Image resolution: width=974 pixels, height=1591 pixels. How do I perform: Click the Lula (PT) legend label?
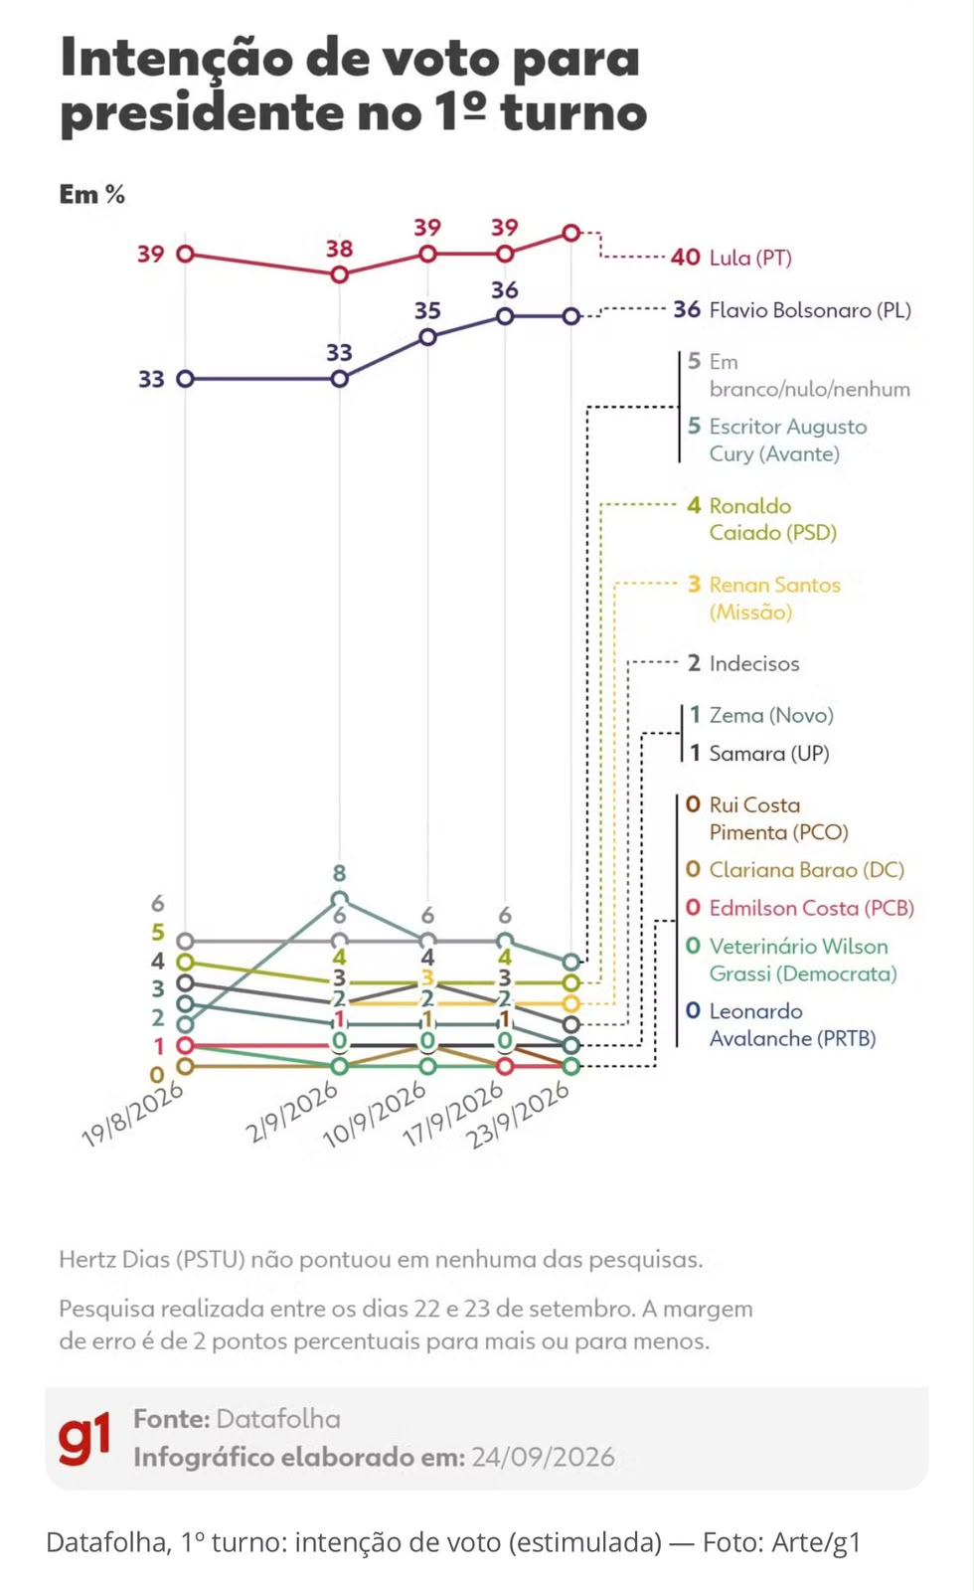(750, 258)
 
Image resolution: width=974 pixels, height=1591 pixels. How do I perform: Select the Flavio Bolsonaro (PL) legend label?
(810, 309)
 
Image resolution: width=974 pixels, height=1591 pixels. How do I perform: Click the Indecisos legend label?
(754, 663)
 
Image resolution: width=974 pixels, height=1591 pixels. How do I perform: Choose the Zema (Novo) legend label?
(771, 715)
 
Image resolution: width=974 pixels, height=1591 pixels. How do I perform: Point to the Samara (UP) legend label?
(769, 753)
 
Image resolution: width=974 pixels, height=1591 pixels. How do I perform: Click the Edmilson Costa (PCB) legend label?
(811, 908)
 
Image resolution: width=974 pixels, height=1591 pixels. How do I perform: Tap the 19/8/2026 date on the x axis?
(133, 1114)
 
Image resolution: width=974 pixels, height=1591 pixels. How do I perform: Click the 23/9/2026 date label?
(518, 1114)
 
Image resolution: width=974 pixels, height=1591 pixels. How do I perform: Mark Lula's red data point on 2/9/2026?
(339, 274)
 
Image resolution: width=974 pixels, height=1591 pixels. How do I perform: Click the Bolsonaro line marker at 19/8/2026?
(185, 379)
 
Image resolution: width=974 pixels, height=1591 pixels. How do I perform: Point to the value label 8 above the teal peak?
(339, 873)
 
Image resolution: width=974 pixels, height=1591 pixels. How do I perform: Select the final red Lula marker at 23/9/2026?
(571, 233)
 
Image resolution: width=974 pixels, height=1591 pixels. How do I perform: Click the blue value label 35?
(427, 310)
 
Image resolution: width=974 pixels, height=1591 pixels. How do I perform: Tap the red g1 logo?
(84, 1438)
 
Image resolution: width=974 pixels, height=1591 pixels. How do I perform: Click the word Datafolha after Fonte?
(278, 1418)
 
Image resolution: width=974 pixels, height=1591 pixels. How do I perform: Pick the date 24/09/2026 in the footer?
(543, 1457)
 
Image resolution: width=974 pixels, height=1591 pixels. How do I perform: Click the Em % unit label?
(92, 194)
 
